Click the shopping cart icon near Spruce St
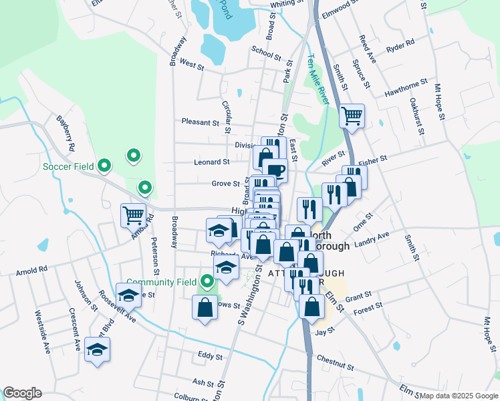(352, 116)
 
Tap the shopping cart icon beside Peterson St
(133, 215)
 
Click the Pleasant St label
(201, 122)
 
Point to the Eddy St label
(209, 357)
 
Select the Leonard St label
(211, 162)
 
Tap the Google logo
(22, 393)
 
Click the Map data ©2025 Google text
(458, 396)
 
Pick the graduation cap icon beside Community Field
(227, 268)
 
